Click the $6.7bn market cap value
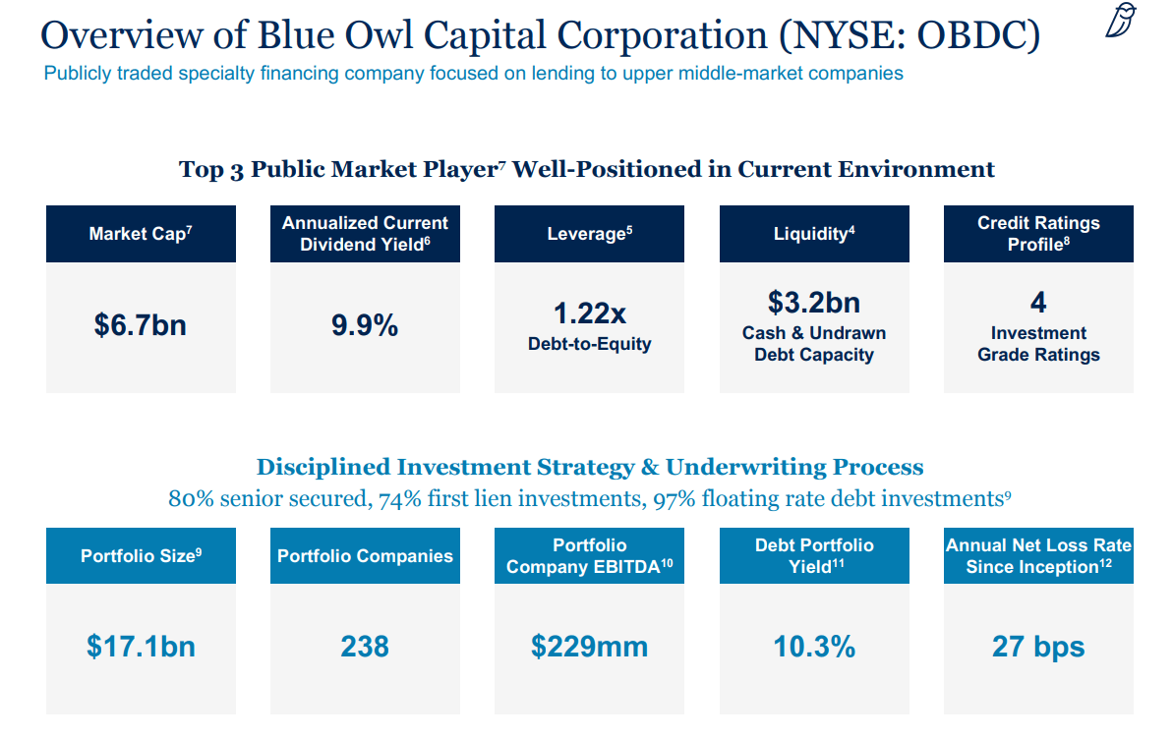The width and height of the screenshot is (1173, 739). point(141,325)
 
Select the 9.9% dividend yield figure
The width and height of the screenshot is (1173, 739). point(365,325)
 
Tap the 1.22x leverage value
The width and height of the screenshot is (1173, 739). point(589,313)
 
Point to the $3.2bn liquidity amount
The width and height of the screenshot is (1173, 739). point(813,302)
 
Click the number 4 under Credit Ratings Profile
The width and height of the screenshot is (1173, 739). point(1038,302)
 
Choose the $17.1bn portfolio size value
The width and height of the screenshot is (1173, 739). point(141,647)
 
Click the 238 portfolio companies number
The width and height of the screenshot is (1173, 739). point(365,647)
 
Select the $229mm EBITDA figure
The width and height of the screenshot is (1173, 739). point(589,647)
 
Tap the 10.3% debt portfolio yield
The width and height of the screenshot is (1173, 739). point(813,647)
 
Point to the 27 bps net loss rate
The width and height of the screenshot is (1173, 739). point(1038,647)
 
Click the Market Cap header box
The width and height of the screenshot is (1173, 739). point(141,234)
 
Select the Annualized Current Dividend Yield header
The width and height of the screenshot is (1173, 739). point(365,234)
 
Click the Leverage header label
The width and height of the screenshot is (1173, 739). point(589,234)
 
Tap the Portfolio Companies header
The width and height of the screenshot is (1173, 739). point(365,556)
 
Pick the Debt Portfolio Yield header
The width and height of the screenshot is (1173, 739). point(813,556)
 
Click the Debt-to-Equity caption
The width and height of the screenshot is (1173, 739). point(589,344)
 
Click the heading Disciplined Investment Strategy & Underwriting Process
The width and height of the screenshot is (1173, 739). point(589,467)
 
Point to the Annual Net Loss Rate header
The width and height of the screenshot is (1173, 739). point(1038,556)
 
